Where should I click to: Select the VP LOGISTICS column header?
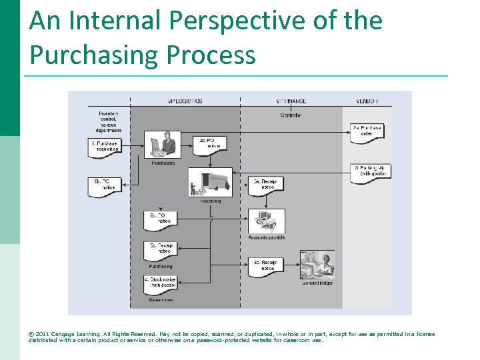(185, 101)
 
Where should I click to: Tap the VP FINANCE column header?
(291, 101)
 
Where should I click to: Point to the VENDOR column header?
(367, 101)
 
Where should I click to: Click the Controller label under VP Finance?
(291, 115)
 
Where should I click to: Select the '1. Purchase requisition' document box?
(105, 147)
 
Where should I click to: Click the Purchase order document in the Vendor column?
(367, 131)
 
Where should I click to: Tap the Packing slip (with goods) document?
(370, 171)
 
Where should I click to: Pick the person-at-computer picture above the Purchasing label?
(163, 144)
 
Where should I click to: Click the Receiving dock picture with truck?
(211, 182)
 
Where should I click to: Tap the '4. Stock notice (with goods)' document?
(161, 283)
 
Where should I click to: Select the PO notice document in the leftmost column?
(105, 185)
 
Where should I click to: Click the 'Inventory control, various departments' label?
(108, 121)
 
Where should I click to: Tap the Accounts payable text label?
(267, 237)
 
